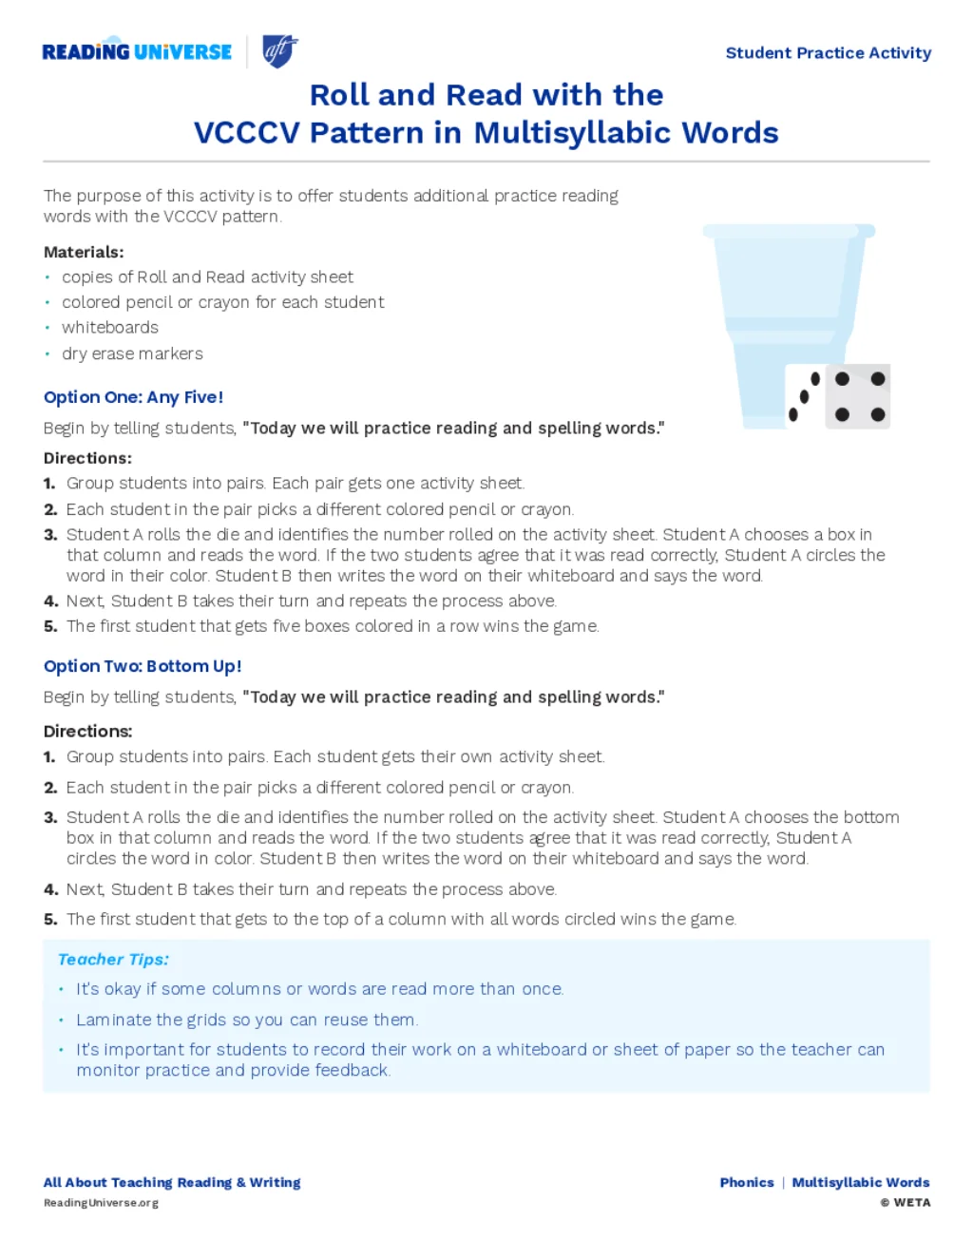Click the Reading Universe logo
(137, 51)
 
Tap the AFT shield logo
(279, 50)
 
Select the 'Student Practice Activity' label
(828, 53)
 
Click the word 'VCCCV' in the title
(247, 133)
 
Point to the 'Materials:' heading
(84, 252)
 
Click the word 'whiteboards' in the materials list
(110, 328)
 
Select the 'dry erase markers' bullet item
(132, 353)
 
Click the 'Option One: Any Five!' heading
(133, 397)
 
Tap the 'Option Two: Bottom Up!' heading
(143, 666)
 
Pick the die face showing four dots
(859, 396)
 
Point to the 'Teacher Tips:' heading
(113, 960)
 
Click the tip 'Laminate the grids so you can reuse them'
(246, 1020)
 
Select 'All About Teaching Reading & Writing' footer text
(172, 1182)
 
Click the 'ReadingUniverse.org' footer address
(101, 1203)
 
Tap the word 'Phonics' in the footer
(747, 1182)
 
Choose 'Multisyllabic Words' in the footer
(861, 1182)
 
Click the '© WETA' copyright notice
(906, 1203)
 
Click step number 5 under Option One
(50, 626)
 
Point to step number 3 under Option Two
(50, 817)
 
